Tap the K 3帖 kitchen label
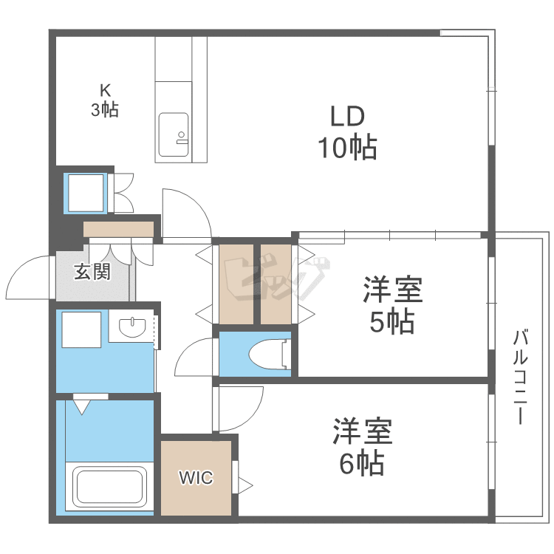point(105,100)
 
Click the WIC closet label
point(196,478)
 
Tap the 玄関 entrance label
point(92,272)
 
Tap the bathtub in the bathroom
point(109,488)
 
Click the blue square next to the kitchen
point(87,192)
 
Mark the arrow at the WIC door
point(244,486)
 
